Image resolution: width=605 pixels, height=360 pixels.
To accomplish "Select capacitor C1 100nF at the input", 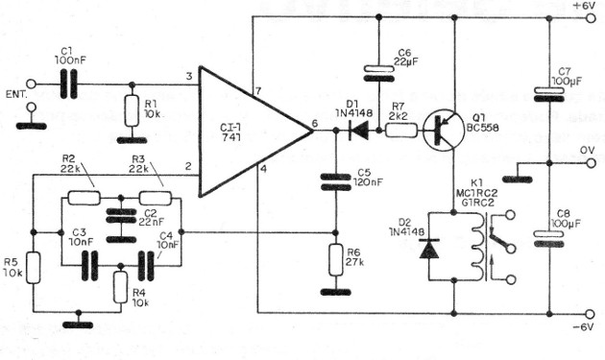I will click(x=65, y=84).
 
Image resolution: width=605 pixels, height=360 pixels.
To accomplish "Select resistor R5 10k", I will click(x=33, y=269).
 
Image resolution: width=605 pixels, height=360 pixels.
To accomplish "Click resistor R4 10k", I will click(x=120, y=287).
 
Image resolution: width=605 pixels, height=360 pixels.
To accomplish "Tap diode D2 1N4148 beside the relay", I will click(x=426, y=250).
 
